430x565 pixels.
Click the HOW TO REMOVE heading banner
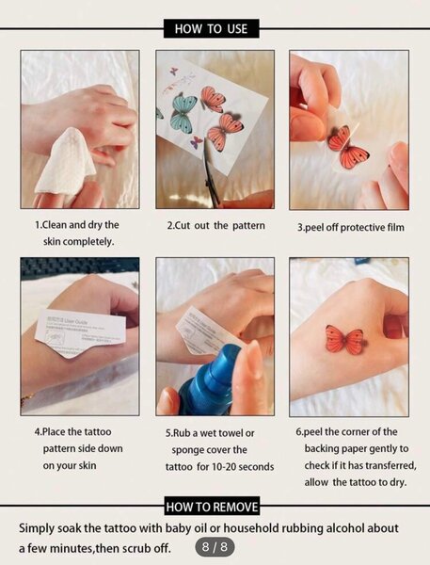[x=214, y=507]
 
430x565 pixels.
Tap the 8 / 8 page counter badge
[x=212, y=546]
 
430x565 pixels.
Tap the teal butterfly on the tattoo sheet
[x=183, y=111]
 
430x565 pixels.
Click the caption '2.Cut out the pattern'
[x=215, y=226]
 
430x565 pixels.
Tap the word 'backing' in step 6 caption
[x=315, y=449]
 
